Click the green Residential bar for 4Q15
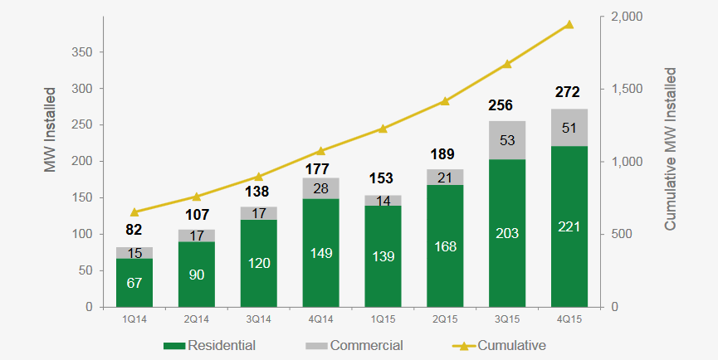click(569, 226)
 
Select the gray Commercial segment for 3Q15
click(507, 140)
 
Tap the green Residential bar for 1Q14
click(134, 283)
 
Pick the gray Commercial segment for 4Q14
click(320, 188)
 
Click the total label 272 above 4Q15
click(569, 92)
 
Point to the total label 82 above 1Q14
click(134, 230)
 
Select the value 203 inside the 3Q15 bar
click(507, 233)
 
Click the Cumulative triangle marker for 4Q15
click(569, 25)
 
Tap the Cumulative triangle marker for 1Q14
click(134, 212)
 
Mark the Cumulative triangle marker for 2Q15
click(445, 101)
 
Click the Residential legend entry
click(211, 345)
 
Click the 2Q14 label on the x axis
click(197, 319)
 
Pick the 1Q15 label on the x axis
click(383, 319)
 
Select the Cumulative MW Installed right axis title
click(672, 149)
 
